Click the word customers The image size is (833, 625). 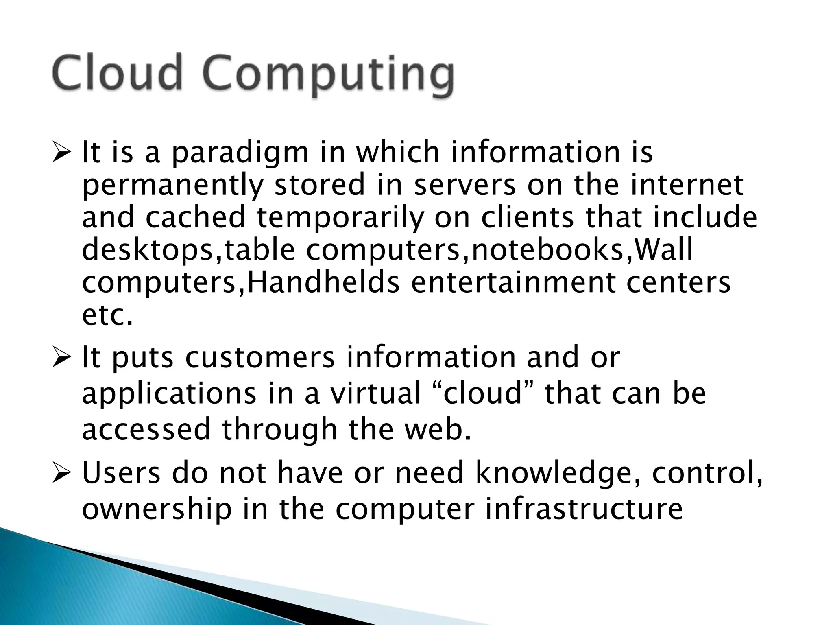tap(260, 358)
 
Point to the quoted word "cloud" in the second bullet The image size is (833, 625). tap(482, 394)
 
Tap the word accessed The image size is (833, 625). tap(146, 430)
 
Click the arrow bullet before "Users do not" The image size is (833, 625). tap(61, 473)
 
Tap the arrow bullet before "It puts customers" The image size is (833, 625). tap(61, 357)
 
